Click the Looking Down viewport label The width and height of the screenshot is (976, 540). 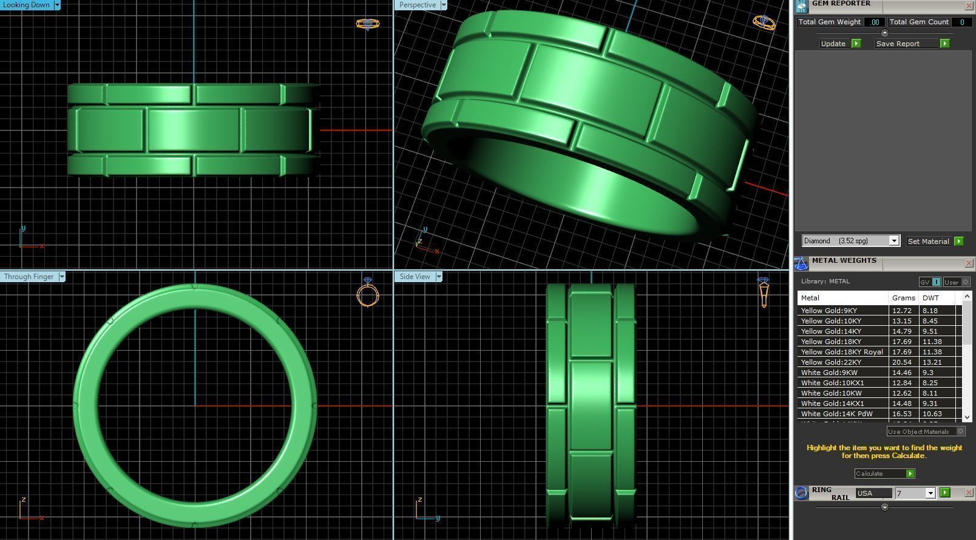tap(27, 5)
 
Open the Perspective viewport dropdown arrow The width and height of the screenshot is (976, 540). tap(443, 5)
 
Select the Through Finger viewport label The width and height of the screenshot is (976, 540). tap(29, 277)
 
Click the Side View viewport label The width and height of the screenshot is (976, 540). tap(415, 277)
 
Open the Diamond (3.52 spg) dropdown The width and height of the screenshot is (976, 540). tap(893, 241)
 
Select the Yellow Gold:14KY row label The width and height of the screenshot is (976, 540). tap(830, 331)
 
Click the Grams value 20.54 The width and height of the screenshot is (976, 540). tap(902, 362)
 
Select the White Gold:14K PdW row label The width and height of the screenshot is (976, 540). tap(836, 414)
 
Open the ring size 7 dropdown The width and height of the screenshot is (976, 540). tap(930, 493)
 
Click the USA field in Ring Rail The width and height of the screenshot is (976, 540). tap(873, 493)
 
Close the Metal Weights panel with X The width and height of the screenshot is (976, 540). tap(969, 263)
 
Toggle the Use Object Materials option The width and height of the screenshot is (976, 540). tap(960, 431)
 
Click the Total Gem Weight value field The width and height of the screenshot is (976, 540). tap(874, 22)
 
